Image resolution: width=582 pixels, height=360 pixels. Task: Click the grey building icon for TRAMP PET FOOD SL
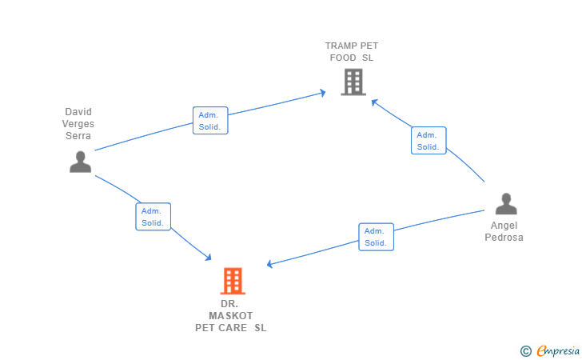(x=353, y=82)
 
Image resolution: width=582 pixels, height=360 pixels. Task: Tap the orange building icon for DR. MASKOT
(x=233, y=281)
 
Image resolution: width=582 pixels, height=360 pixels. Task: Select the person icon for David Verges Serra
(x=80, y=162)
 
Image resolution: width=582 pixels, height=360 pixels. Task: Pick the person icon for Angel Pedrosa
(x=506, y=203)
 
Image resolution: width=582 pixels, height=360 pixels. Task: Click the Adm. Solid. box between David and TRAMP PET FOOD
(x=210, y=120)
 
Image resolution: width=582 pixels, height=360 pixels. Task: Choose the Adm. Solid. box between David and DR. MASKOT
(x=153, y=217)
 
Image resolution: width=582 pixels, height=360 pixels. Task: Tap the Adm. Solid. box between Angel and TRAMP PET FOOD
(x=429, y=141)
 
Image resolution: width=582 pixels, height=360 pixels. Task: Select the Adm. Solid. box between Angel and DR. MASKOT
(x=376, y=237)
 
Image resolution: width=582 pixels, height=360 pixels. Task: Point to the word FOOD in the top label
(x=343, y=58)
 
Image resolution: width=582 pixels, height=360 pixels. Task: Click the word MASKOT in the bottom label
(x=230, y=316)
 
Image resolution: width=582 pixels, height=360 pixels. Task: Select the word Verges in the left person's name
(x=78, y=124)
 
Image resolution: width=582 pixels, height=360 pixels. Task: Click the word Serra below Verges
(x=78, y=136)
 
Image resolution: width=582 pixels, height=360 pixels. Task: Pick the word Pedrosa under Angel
(x=504, y=238)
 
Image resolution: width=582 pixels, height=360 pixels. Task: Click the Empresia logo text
(x=558, y=350)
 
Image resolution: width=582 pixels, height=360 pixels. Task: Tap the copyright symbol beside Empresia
(x=525, y=351)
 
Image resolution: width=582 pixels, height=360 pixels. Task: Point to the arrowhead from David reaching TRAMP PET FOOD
(x=323, y=93)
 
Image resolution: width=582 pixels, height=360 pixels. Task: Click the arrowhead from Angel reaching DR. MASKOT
(x=270, y=264)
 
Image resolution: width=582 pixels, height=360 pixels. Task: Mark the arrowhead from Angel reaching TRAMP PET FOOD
(x=374, y=102)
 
